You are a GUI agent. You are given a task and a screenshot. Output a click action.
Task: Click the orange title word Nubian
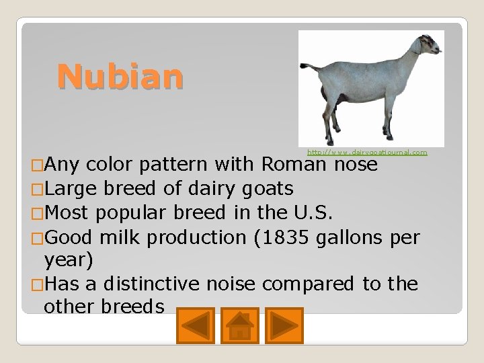point(120,76)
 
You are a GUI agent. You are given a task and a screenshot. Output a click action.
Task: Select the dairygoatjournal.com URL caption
point(367,153)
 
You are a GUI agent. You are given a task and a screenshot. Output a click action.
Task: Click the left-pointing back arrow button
point(196,325)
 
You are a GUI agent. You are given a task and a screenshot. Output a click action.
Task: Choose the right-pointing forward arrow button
point(284,325)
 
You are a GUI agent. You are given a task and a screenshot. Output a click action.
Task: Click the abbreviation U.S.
point(314,213)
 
